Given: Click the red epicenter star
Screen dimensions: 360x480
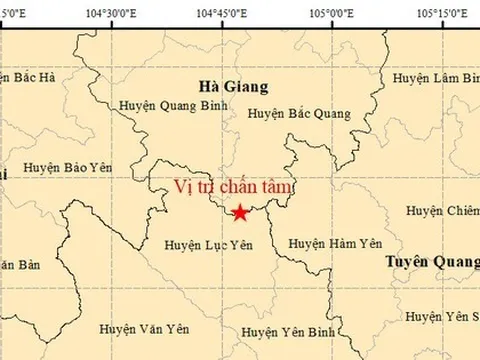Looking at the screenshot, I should click(x=240, y=212).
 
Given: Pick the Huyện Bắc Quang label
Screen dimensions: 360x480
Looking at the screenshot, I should click(x=299, y=114).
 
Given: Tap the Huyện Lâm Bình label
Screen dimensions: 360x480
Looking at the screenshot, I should click(x=436, y=78).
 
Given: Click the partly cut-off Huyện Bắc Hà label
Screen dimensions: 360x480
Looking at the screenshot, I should click(x=29, y=76).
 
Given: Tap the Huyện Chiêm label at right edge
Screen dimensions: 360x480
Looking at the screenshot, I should click(x=442, y=210).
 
